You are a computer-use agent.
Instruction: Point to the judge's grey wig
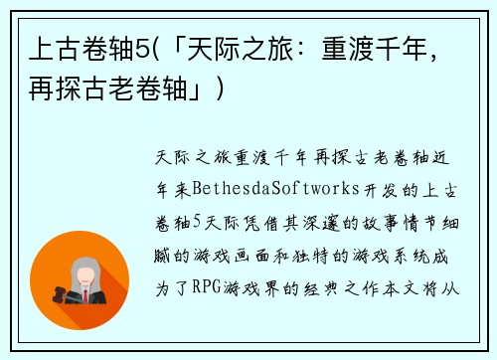pos(84,268)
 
